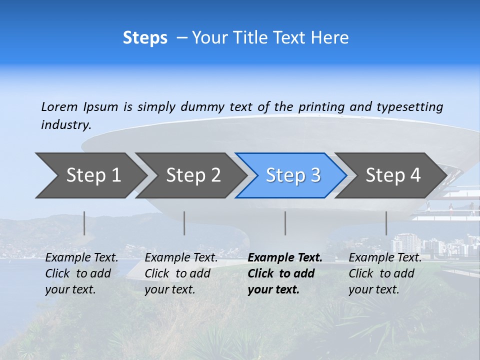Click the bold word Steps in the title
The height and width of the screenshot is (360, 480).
click(145, 38)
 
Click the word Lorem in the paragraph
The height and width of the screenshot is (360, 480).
click(59, 106)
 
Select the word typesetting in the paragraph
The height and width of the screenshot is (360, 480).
click(410, 106)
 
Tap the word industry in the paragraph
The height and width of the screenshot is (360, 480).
click(66, 125)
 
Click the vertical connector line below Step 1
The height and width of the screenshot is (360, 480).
click(84, 223)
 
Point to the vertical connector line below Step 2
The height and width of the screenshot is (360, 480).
click(184, 223)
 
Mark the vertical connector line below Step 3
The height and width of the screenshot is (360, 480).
click(285, 223)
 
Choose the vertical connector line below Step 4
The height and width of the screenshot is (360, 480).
click(386, 223)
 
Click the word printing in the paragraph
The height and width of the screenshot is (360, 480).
click(321, 106)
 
